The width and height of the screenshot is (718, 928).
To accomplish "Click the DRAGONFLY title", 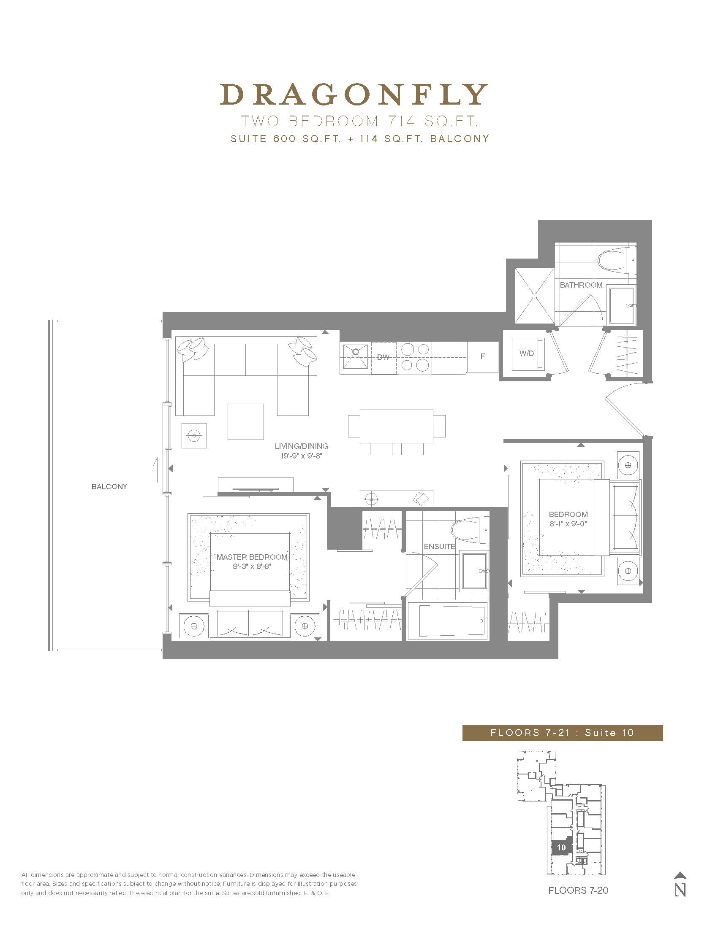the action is point(354,94).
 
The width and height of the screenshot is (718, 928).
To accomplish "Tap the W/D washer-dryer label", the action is point(527,353).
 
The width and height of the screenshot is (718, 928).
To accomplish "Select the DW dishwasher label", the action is point(383,357).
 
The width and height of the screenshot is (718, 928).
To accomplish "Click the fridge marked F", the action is point(482,357).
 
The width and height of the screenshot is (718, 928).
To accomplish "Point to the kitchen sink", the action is point(356,356).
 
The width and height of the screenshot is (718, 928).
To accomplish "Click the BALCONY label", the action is point(109,486).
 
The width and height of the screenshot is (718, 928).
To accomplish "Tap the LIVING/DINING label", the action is point(302,446).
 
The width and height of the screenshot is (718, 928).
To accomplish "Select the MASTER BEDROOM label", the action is point(252,557).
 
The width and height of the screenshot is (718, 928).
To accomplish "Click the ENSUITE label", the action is point(439,547).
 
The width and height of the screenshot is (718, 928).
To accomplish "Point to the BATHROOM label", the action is point(581,285).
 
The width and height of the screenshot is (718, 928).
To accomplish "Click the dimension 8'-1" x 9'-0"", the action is point(568,524).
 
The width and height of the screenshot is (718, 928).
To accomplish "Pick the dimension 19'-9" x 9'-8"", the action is point(302,456).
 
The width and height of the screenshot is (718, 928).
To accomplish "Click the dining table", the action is point(397,426).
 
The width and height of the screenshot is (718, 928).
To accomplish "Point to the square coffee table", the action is point(245,421).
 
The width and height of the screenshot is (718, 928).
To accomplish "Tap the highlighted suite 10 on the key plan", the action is point(561,847).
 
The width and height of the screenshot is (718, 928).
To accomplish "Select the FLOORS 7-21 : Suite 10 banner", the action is point(562,733).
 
